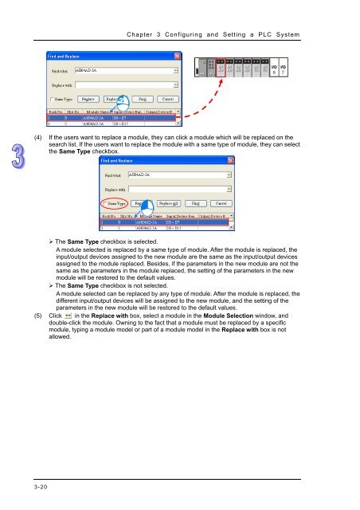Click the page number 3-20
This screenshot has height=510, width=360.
click(26, 481)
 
